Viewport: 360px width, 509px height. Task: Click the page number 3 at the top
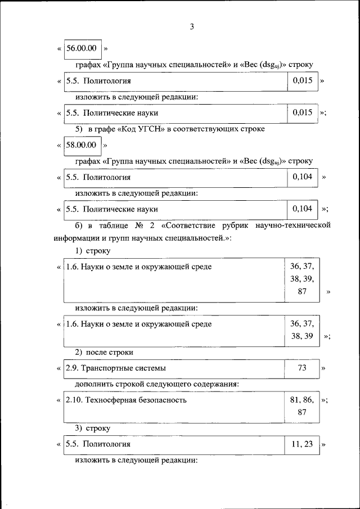point(191,26)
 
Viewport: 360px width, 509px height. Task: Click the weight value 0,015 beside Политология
point(302,81)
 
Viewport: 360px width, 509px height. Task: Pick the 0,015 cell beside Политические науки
point(302,112)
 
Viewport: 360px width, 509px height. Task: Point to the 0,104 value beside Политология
point(302,177)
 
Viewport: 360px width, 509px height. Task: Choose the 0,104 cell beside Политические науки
point(302,209)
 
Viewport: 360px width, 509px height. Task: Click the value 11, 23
point(302,444)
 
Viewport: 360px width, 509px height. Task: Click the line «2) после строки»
point(104,352)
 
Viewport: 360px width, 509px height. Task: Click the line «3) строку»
point(93,428)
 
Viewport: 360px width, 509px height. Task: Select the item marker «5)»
point(79,129)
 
